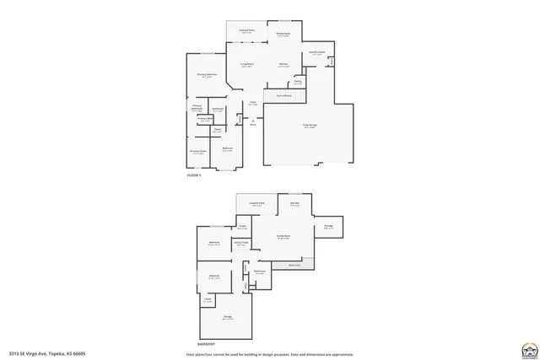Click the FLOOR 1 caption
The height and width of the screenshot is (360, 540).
click(x=195, y=174)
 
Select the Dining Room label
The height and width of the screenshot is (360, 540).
click(x=283, y=35)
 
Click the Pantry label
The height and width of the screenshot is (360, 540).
click(x=298, y=82)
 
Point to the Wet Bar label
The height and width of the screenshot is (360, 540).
click(x=294, y=204)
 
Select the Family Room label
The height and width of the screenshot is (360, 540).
click(x=283, y=237)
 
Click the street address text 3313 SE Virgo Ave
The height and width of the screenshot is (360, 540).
click(x=47, y=352)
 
